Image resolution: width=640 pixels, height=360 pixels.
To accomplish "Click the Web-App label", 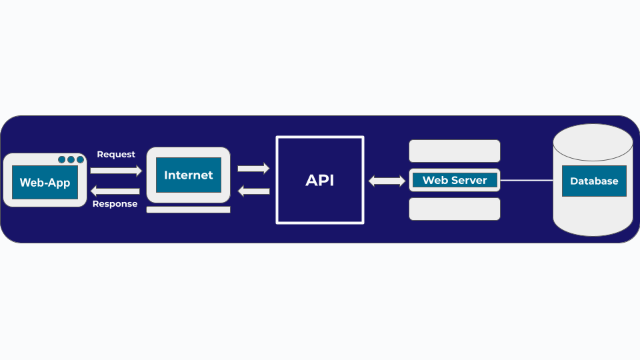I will [x=45, y=183].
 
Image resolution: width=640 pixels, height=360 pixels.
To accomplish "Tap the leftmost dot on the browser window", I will [x=62, y=159].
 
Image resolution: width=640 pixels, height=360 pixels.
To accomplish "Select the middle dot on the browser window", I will [x=71, y=159].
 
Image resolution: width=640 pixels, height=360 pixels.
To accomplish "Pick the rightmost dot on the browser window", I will [x=80, y=159].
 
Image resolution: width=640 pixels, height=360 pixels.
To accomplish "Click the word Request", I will [x=116, y=154].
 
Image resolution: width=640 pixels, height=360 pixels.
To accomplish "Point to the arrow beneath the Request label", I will [x=116, y=171].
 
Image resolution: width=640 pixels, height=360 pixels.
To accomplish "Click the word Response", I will [x=115, y=204].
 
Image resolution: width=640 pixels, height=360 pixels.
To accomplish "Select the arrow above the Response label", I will [x=115, y=191].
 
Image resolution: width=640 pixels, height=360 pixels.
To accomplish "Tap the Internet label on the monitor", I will [x=189, y=175].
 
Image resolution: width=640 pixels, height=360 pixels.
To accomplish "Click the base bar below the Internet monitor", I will [x=188, y=209].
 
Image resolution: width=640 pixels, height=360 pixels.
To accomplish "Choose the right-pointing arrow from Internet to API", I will [x=253, y=169].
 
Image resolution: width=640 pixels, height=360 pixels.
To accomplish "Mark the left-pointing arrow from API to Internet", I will [x=253, y=191].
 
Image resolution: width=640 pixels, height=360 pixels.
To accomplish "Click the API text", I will [x=320, y=181].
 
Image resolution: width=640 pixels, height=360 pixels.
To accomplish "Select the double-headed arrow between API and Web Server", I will [x=387, y=181].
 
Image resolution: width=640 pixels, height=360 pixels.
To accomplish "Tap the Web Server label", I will [x=455, y=180].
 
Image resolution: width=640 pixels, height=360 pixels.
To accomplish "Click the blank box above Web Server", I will [x=455, y=151].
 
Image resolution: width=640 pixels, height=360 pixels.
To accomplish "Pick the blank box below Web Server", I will [x=455, y=209].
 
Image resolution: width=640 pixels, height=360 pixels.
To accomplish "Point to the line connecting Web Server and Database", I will [x=527, y=180].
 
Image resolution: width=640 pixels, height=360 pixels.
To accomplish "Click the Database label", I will [x=594, y=181].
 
